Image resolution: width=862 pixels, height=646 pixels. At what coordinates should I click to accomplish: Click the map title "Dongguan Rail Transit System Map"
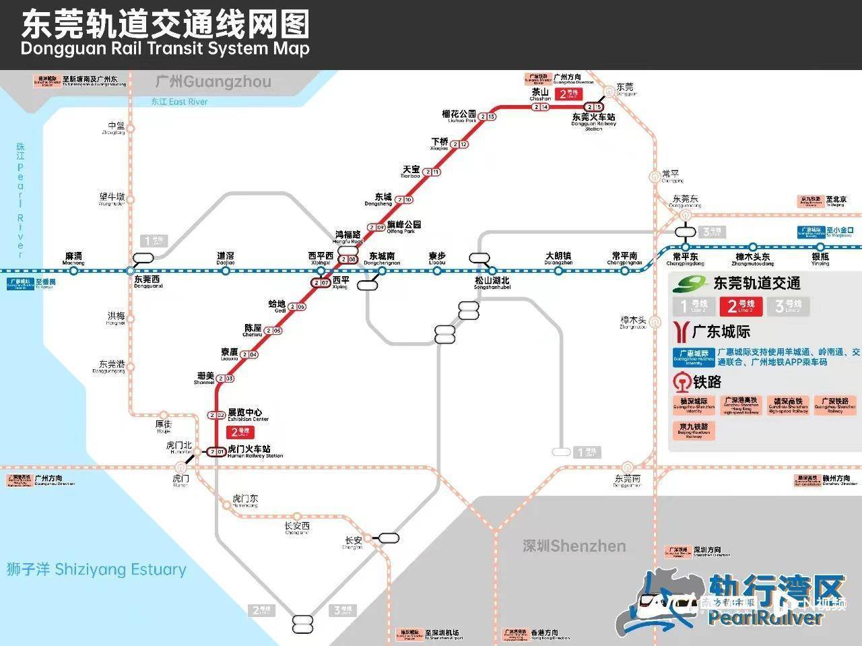165,49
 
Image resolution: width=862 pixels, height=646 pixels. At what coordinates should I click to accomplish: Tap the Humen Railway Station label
255,451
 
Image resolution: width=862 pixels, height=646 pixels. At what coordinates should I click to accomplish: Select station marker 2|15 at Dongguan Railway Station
593,107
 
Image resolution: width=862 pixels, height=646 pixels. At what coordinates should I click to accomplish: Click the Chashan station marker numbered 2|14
540,107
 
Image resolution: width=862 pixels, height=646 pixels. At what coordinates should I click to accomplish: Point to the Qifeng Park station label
403,227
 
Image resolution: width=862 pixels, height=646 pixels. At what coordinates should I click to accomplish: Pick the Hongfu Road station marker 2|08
348,259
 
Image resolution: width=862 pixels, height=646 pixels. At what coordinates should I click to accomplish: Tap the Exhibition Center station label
247,414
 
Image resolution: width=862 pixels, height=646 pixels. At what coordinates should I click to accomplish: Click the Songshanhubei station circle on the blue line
493,271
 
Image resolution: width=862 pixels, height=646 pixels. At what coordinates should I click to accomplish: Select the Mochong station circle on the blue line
74,271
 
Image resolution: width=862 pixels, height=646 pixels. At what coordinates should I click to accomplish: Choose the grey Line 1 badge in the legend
694,306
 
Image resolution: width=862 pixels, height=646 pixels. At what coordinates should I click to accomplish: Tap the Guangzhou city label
213,82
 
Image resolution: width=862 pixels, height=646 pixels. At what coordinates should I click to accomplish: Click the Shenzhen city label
574,546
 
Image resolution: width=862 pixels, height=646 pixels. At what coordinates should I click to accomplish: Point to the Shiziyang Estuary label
96,569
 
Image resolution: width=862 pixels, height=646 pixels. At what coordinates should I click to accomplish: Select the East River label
179,102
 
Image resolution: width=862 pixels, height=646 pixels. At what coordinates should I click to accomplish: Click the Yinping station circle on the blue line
820,247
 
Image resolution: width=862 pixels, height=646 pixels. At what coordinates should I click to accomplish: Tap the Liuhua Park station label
459,116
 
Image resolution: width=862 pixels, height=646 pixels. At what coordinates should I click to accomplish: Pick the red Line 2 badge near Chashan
569,94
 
